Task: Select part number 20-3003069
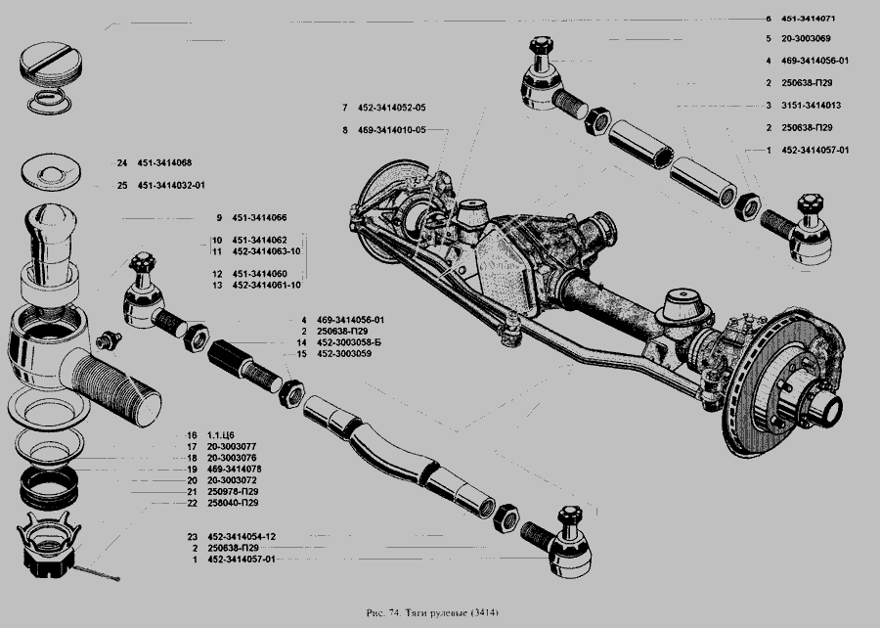point(806,39)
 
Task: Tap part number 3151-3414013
point(811,106)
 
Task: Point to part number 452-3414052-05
point(392,108)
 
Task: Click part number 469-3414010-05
point(392,130)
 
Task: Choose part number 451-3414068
point(164,163)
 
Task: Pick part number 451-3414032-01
point(171,186)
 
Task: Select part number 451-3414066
point(259,218)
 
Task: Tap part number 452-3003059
point(344,354)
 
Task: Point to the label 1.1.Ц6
point(221,435)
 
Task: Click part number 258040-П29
point(233,504)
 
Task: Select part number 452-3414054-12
point(242,537)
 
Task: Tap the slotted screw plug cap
point(51,63)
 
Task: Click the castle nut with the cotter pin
point(50,545)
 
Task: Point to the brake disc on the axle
point(783,381)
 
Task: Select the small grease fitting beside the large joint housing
point(109,340)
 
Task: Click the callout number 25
point(122,186)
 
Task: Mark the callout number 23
point(193,537)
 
